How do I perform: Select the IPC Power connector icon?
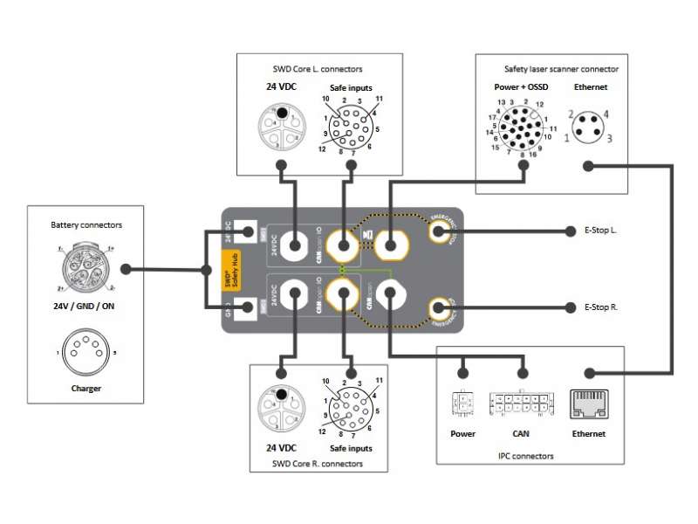tap(462, 404)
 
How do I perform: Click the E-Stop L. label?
tap(601, 231)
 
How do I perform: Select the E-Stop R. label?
tap(601, 307)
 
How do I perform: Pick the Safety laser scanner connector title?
tap(561, 68)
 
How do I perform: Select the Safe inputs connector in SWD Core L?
tap(350, 125)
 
